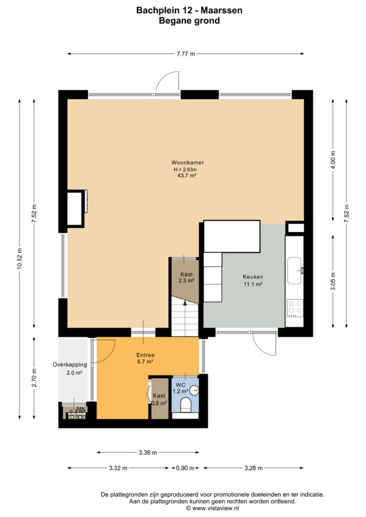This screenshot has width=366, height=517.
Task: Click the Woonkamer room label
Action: (x=188, y=163)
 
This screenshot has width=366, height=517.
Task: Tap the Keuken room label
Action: (x=253, y=277)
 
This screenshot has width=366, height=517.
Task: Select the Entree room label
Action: (x=146, y=355)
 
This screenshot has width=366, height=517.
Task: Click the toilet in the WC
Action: (x=186, y=405)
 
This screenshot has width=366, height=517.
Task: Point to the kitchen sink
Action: (x=294, y=271)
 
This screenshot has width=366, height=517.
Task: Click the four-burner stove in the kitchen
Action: (x=295, y=308)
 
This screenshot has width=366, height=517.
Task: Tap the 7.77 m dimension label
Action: (x=186, y=54)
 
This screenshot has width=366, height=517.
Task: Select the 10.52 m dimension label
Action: (x=20, y=258)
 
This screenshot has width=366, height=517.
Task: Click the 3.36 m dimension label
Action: (x=148, y=452)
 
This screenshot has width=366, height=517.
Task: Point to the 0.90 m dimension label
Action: (x=185, y=468)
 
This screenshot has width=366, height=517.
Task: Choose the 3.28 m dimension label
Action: (x=253, y=468)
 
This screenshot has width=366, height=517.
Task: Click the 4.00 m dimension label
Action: (x=333, y=160)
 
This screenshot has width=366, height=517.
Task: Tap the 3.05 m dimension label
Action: (x=333, y=281)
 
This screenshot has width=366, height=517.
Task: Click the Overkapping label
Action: (x=70, y=365)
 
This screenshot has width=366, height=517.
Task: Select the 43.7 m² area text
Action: (x=187, y=176)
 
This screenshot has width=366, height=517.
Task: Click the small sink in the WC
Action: (x=195, y=391)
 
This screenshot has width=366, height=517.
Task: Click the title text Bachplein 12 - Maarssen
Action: (x=190, y=10)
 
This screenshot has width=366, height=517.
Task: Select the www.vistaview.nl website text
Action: (x=215, y=508)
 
